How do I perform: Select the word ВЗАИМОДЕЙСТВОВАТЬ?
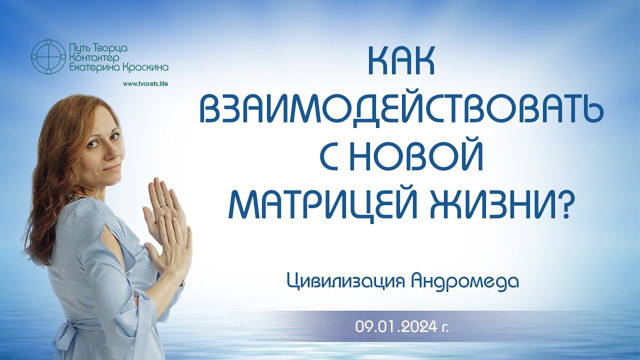[401, 111]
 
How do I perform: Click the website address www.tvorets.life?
[145, 84]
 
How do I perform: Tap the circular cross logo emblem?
[48, 56]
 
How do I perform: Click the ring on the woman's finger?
[162, 204]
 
